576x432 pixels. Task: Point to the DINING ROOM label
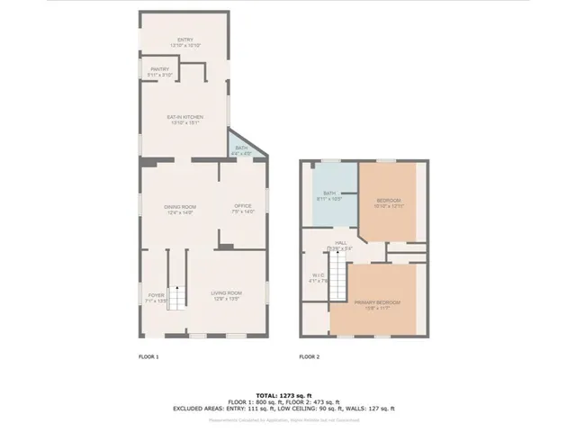tap(180, 209)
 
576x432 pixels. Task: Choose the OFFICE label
tap(244, 209)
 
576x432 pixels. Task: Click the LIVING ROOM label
tap(226, 295)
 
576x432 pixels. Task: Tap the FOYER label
tap(157, 297)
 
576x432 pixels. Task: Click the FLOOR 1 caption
tap(148, 357)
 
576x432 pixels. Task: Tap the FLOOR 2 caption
tap(309, 357)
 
